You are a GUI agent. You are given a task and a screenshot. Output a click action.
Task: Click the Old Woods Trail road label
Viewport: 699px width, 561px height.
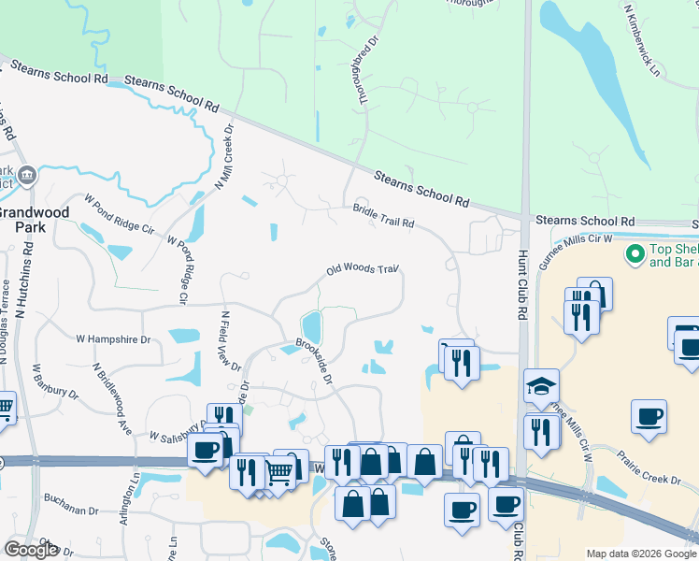(x=363, y=270)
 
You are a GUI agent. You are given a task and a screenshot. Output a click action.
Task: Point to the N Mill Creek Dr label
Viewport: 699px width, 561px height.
(x=226, y=155)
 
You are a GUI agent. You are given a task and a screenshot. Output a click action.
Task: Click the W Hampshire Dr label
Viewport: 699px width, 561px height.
(x=113, y=338)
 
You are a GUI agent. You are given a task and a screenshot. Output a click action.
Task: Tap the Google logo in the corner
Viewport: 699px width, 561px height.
(x=32, y=550)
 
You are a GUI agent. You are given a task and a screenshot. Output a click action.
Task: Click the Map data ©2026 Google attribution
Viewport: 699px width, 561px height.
(x=640, y=554)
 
